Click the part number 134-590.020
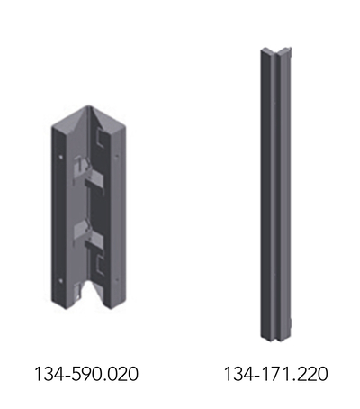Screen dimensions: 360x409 (86, 374)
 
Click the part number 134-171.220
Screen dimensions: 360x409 (276, 374)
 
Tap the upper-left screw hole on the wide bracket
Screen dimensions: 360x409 (61, 157)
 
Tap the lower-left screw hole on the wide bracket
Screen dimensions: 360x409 (61, 281)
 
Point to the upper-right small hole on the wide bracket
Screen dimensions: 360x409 (117, 156)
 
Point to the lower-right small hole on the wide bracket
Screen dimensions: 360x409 (117, 279)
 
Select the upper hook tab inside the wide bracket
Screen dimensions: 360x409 (89, 174)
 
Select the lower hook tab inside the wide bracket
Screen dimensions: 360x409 (89, 234)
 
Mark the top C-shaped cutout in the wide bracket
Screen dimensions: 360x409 (99, 137)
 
